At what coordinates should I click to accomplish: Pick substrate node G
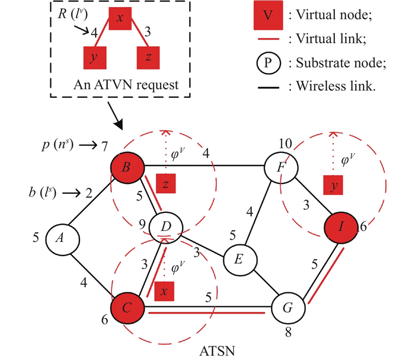click(287, 308)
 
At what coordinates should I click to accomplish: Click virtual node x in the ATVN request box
click(120, 18)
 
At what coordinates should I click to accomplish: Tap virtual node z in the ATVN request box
click(148, 58)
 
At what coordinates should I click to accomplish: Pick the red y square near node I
click(334, 186)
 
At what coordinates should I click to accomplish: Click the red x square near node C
click(165, 291)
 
